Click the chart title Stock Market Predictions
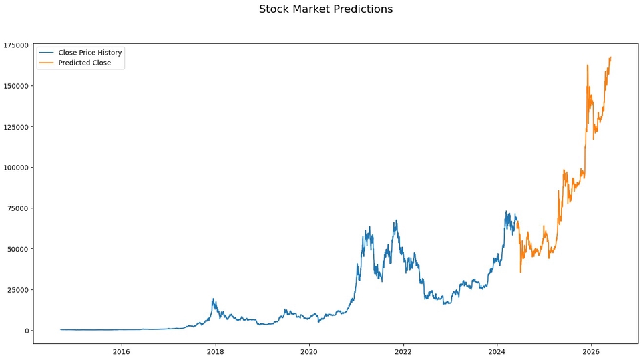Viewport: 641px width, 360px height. click(x=326, y=9)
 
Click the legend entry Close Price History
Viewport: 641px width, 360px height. click(x=89, y=53)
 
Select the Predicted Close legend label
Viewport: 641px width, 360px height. click(x=84, y=63)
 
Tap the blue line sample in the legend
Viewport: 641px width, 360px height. click(x=46, y=53)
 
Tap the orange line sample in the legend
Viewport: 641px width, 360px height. click(x=46, y=63)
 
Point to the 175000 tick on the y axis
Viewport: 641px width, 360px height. click(x=16, y=45)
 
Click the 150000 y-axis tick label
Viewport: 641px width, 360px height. click(x=16, y=86)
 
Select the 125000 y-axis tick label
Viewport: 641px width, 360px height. click(x=16, y=127)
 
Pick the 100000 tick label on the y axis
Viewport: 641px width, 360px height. click(x=16, y=168)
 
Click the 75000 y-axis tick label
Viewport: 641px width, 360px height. click(x=18, y=208)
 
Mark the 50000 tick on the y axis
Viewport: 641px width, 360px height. click(x=18, y=249)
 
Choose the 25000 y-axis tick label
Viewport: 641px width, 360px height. click(x=18, y=290)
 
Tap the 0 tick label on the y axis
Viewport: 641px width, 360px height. click(x=27, y=331)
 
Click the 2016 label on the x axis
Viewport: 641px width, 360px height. click(x=121, y=352)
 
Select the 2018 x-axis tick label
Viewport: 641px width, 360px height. click(x=215, y=352)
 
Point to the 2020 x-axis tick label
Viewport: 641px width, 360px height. click(x=308, y=352)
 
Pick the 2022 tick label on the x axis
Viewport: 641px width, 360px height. click(x=403, y=352)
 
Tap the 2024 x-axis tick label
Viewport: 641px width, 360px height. click(x=497, y=352)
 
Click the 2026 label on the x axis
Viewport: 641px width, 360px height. click(x=590, y=352)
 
